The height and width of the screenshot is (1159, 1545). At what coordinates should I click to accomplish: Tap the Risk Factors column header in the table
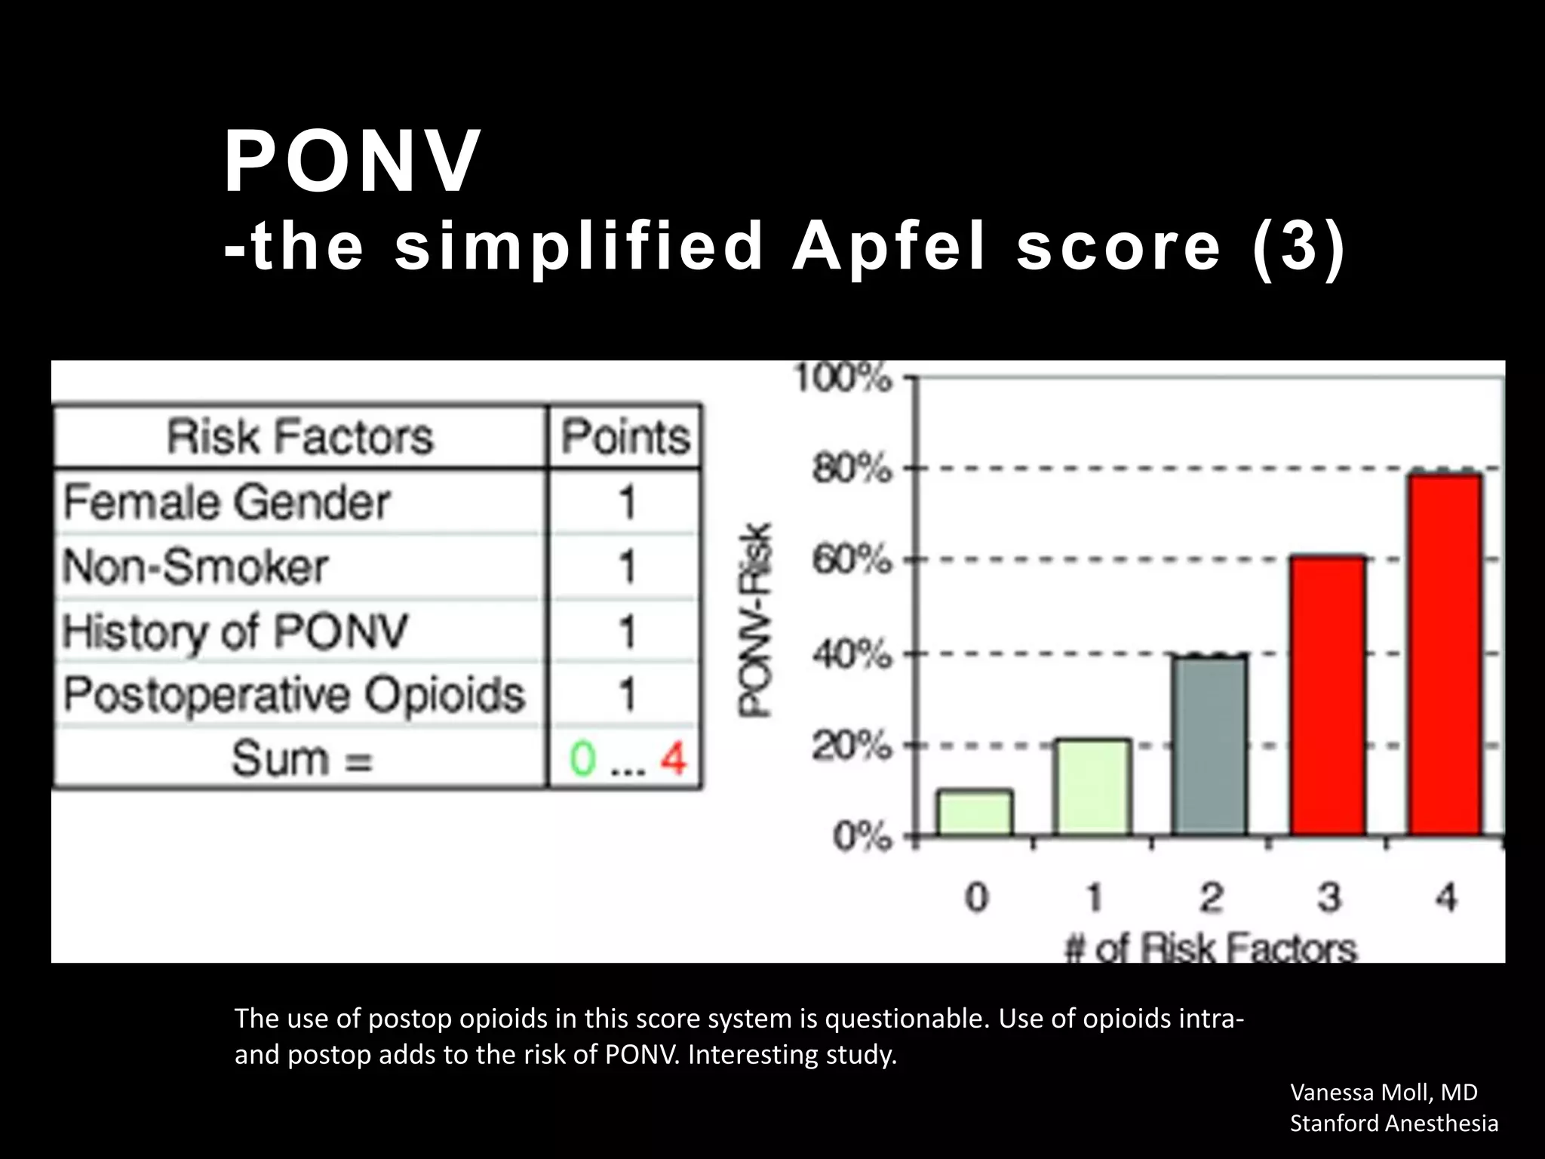pos(300,437)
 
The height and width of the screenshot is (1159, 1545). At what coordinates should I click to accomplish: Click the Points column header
pos(625,437)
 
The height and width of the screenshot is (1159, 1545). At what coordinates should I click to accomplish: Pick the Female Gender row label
pos(226,503)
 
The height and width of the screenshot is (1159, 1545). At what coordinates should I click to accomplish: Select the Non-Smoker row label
pos(195,567)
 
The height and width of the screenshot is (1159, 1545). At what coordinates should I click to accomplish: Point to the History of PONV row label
pos(235,632)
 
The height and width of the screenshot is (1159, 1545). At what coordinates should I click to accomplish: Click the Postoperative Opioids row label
pos(293,694)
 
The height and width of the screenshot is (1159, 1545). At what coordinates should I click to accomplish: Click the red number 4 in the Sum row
pos(674,758)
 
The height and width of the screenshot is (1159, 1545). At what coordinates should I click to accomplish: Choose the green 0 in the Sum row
pos(582,758)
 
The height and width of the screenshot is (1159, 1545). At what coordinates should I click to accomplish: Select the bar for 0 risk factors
pos(975,813)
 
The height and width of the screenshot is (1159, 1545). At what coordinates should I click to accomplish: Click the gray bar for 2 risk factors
pos(1210,746)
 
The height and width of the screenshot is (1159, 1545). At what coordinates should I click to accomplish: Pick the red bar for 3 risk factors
pos(1328,696)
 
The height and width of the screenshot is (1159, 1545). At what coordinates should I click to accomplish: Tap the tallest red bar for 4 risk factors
pos(1445,654)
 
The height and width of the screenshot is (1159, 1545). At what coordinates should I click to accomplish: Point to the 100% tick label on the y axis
pos(843,378)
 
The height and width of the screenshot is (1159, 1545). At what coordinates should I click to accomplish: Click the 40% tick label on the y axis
pos(852,654)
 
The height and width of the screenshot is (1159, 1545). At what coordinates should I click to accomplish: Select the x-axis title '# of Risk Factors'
pos(1211,948)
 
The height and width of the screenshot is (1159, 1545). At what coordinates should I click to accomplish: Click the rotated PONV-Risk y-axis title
pos(755,620)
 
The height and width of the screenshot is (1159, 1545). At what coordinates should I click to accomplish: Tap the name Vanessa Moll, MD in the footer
pos(1384,1092)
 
